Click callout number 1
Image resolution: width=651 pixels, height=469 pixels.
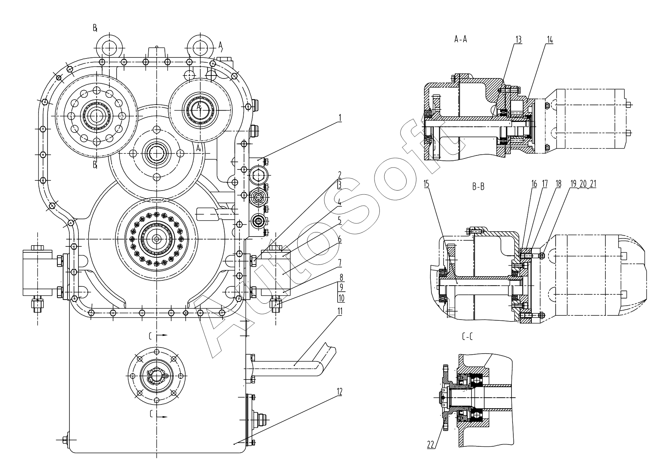point(339,118)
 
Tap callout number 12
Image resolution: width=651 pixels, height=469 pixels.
point(339,392)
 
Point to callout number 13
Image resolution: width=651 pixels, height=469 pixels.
point(518,40)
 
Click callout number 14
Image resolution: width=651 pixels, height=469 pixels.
point(550,40)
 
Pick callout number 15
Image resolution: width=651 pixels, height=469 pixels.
point(427,184)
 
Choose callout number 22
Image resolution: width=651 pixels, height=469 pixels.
point(431,444)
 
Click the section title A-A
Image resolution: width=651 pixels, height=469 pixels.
point(461,39)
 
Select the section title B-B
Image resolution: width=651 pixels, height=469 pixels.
point(478,186)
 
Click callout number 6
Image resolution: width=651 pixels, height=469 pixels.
point(339,239)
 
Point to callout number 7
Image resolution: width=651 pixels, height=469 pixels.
point(339,261)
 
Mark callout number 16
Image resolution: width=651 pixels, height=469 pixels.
point(534,184)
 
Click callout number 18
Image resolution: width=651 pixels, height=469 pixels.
point(558,184)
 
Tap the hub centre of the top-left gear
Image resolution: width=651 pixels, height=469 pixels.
point(97,115)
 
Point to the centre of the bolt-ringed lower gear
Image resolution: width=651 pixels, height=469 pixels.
point(156,238)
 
